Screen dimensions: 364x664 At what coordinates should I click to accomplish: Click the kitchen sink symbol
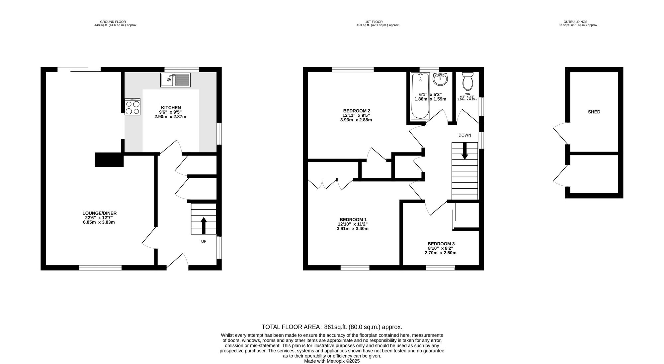click(175, 80)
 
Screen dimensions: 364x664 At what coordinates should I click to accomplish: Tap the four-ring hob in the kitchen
click(132, 107)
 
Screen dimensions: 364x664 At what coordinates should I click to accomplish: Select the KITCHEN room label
click(171, 107)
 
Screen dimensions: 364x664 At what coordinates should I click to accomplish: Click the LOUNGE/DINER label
click(99, 213)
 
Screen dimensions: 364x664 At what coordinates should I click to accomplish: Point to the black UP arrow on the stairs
click(204, 225)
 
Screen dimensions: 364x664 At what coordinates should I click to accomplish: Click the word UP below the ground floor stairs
click(204, 241)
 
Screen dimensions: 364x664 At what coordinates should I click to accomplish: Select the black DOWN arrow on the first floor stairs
click(464, 151)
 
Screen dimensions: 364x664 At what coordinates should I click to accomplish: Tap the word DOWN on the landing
click(464, 135)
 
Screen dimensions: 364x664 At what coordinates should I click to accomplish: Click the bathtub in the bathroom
click(420, 96)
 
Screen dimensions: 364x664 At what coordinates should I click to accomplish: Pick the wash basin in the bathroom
click(441, 79)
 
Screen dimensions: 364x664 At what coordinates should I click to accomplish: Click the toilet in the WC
click(468, 81)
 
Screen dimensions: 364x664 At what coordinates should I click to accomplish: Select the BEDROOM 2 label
click(356, 111)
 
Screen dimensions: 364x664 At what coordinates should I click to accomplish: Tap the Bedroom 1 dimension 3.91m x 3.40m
click(353, 229)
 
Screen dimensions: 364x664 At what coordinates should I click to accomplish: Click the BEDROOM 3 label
click(441, 243)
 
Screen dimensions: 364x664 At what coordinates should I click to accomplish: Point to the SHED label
click(594, 112)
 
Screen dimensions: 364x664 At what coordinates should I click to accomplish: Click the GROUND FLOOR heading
click(113, 22)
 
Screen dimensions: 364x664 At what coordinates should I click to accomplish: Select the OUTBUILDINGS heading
click(578, 22)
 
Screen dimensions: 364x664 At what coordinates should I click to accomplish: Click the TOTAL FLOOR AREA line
click(332, 327)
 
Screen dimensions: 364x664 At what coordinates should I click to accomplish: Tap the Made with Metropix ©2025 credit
click(332, 361)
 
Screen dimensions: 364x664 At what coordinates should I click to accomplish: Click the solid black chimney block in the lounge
click(109, 159)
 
